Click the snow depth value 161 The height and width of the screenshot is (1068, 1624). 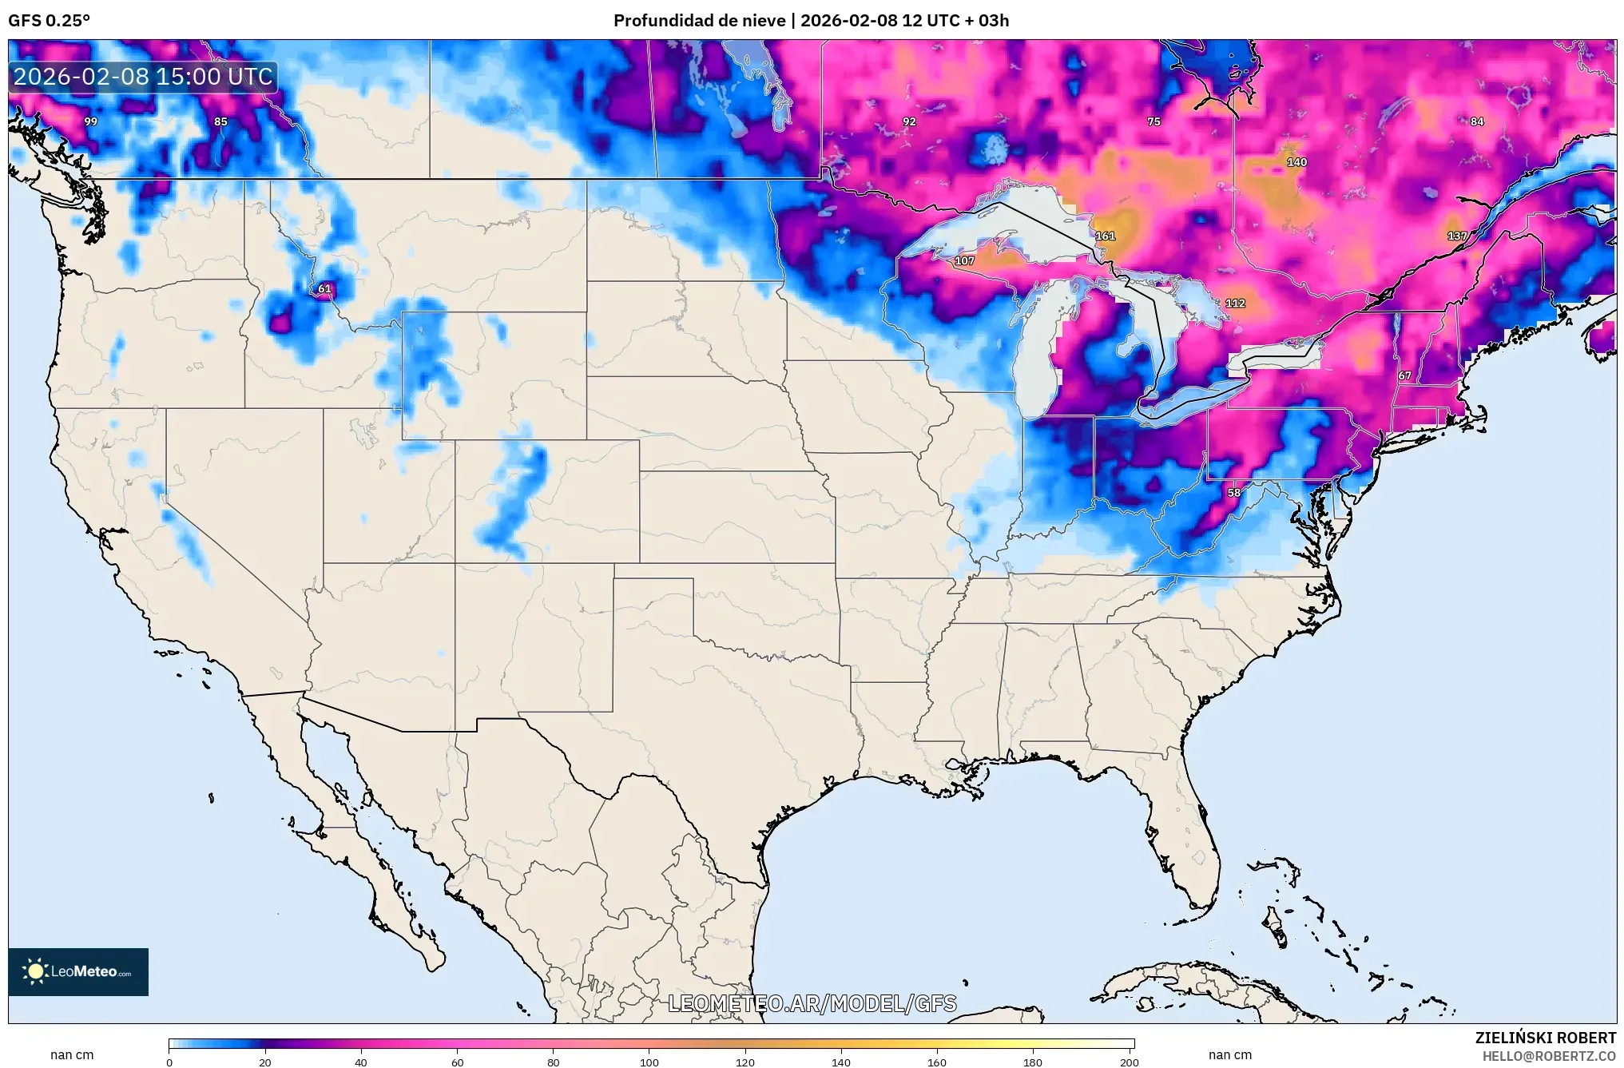point(1105,236)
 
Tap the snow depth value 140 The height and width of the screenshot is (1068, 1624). point(1296,162)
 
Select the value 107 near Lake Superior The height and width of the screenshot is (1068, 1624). point(964,261)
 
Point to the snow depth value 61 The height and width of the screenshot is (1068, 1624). point(324,289)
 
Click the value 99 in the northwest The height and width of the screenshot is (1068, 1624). point(91,121)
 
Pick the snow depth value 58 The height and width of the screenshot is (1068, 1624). point(1234,493)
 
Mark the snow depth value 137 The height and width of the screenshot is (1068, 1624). point(1457,236)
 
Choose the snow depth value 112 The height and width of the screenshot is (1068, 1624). point(1235,304)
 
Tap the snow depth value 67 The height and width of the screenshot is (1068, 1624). point(1404,375)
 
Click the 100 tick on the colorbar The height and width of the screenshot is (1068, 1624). point(649,1062)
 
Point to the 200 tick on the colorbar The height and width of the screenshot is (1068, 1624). point(1129,1062)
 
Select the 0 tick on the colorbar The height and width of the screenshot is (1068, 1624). point(169,1062)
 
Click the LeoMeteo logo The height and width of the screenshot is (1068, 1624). point(78,971)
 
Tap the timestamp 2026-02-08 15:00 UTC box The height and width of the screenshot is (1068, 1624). point(144,77)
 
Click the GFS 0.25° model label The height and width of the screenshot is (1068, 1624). point(49,21)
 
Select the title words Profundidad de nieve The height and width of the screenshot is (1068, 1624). point(699,21)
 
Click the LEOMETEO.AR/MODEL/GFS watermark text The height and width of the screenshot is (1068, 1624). point(812,1003)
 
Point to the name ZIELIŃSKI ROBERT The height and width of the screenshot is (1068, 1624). point(1545,1038)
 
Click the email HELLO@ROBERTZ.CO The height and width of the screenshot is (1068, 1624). point(1549,1056)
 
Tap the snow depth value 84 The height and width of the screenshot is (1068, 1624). point(1477,121)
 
